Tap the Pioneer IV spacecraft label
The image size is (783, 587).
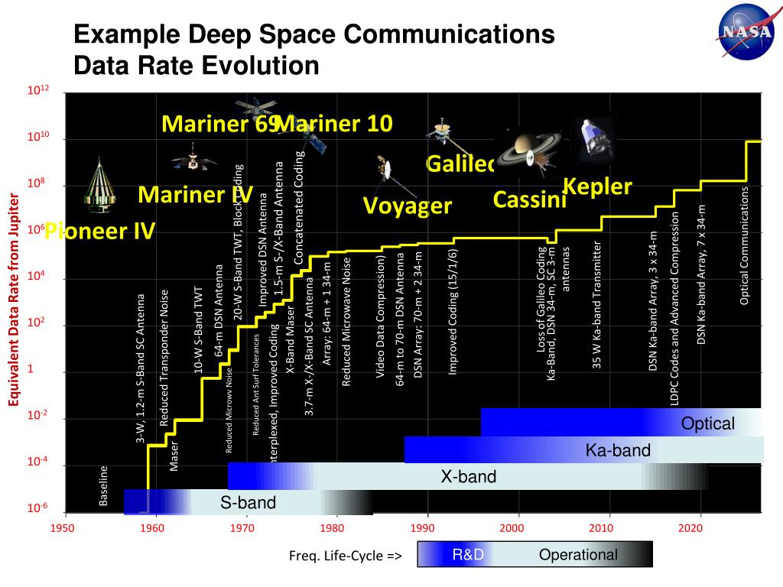(x=99, y=230)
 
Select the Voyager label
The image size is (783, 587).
(x=407, y=206)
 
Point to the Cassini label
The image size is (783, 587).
(x=529, y=199)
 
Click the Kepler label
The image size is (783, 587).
(x=597, y=186)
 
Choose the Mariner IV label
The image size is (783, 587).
(x=195, y=195)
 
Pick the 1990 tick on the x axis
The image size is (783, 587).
(x=423, y=528)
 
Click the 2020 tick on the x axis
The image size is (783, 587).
(x=690, y=528)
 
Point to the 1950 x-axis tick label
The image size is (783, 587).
(x=65, y=528)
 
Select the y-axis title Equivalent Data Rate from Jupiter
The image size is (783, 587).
(x=13, y=300)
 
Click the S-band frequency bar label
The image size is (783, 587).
(x=248, y=502)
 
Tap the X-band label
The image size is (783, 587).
(x=468, y=477)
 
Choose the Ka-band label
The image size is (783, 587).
(x=618, y=450)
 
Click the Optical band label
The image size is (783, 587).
(x=708, y=423)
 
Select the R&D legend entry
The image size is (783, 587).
(x=468, y=555)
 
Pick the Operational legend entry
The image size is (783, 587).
(x=578, y=555)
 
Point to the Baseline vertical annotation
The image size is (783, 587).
(x=104, y=485)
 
